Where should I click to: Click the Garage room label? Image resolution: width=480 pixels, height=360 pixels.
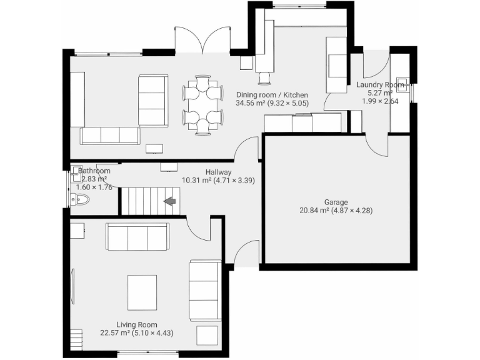[336, 202]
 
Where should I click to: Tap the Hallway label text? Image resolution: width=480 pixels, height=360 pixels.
[219, 172]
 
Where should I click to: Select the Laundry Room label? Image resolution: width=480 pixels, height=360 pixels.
[379, 84]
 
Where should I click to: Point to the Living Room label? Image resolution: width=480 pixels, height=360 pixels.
[136, 324]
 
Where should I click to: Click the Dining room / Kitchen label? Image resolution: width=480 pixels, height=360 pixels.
[271, 95]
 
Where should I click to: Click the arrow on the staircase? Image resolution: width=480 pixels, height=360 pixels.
[169, 201]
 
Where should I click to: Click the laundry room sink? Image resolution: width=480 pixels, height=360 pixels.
[405, 84]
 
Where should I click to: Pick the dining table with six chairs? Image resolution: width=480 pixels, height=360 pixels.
[203, 104]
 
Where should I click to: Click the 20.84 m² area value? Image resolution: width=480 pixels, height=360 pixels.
[314, 211]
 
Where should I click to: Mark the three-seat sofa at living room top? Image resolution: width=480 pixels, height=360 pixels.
[137, 236]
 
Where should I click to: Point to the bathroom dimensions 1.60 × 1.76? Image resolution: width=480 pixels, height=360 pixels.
[94, 187]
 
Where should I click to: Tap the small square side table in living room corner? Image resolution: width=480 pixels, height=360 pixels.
[207, 334]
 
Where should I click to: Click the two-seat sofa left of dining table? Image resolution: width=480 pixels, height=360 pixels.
[152, 100]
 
